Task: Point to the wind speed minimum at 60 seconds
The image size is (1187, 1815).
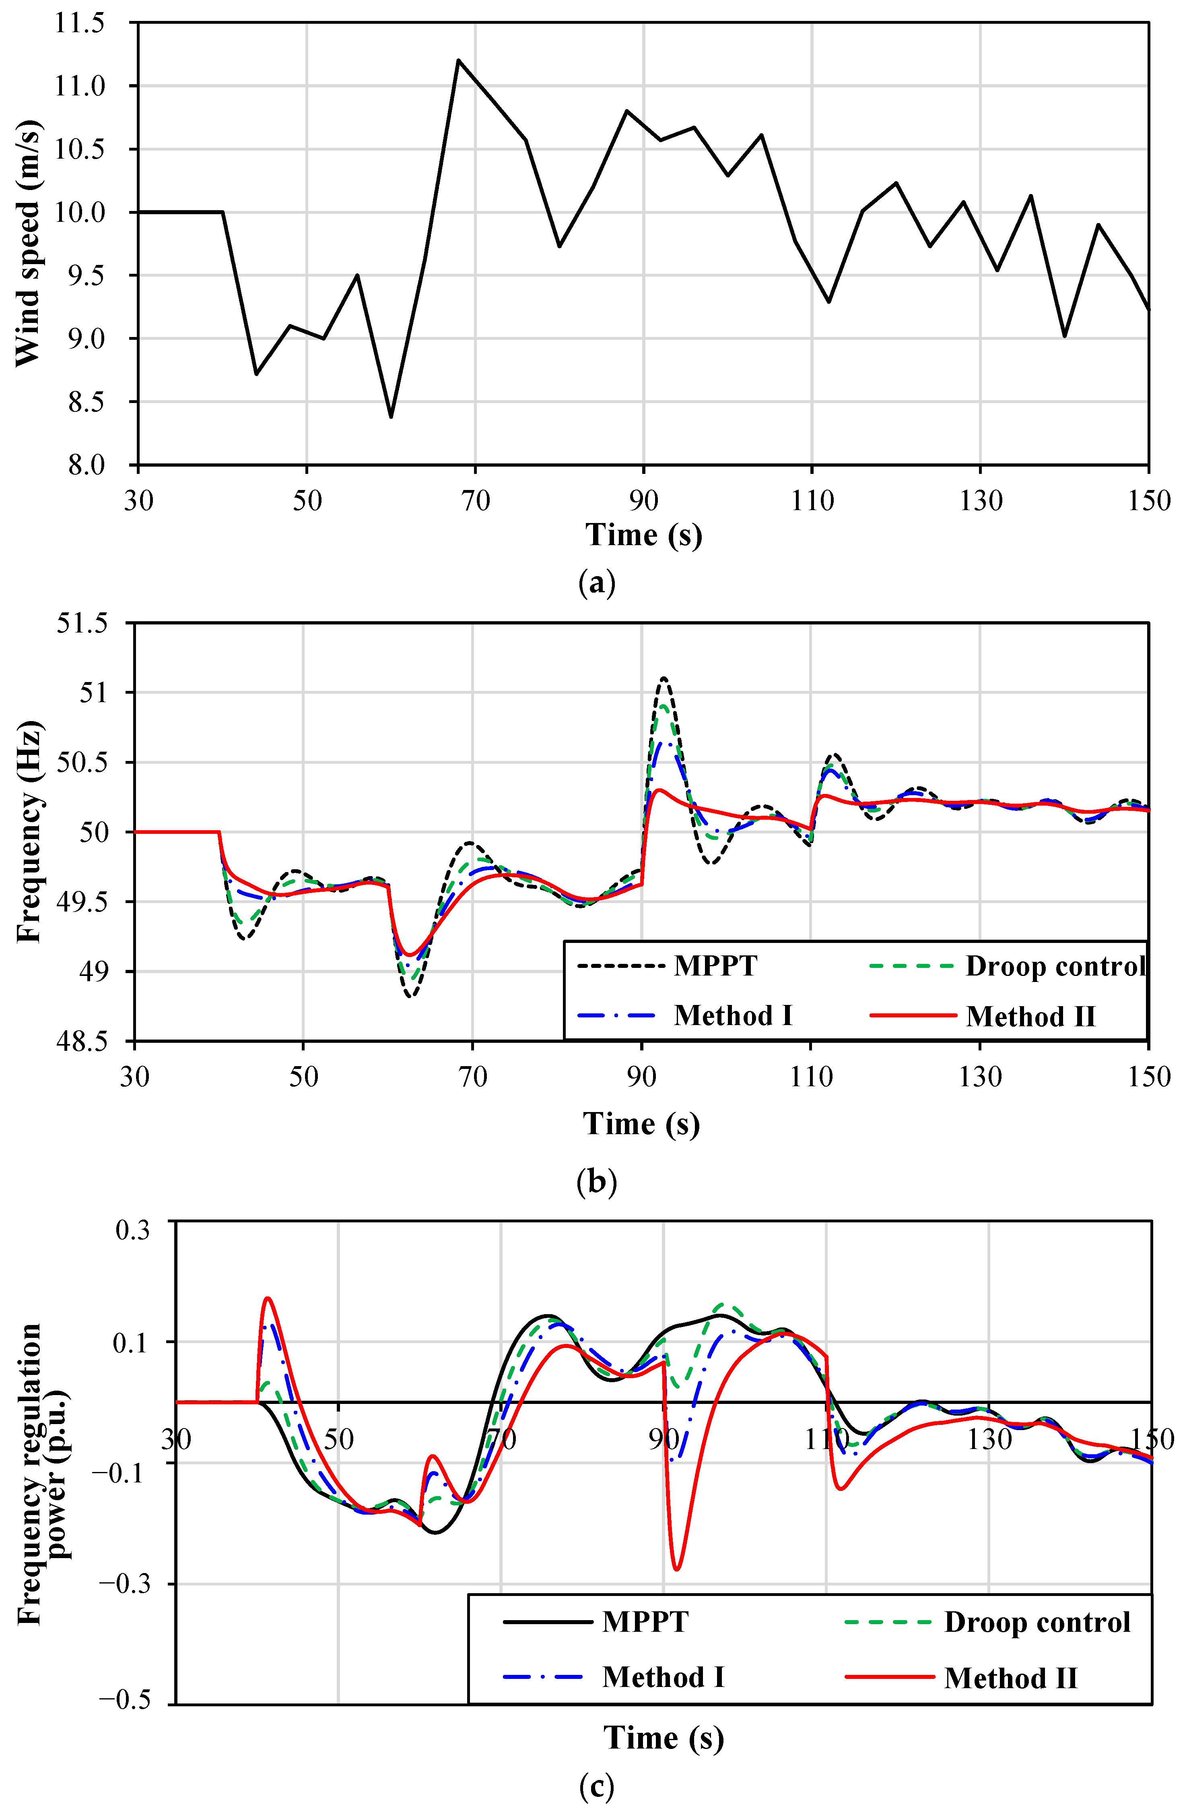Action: point(391,416)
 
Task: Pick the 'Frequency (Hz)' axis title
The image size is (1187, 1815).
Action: point(29,832)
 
